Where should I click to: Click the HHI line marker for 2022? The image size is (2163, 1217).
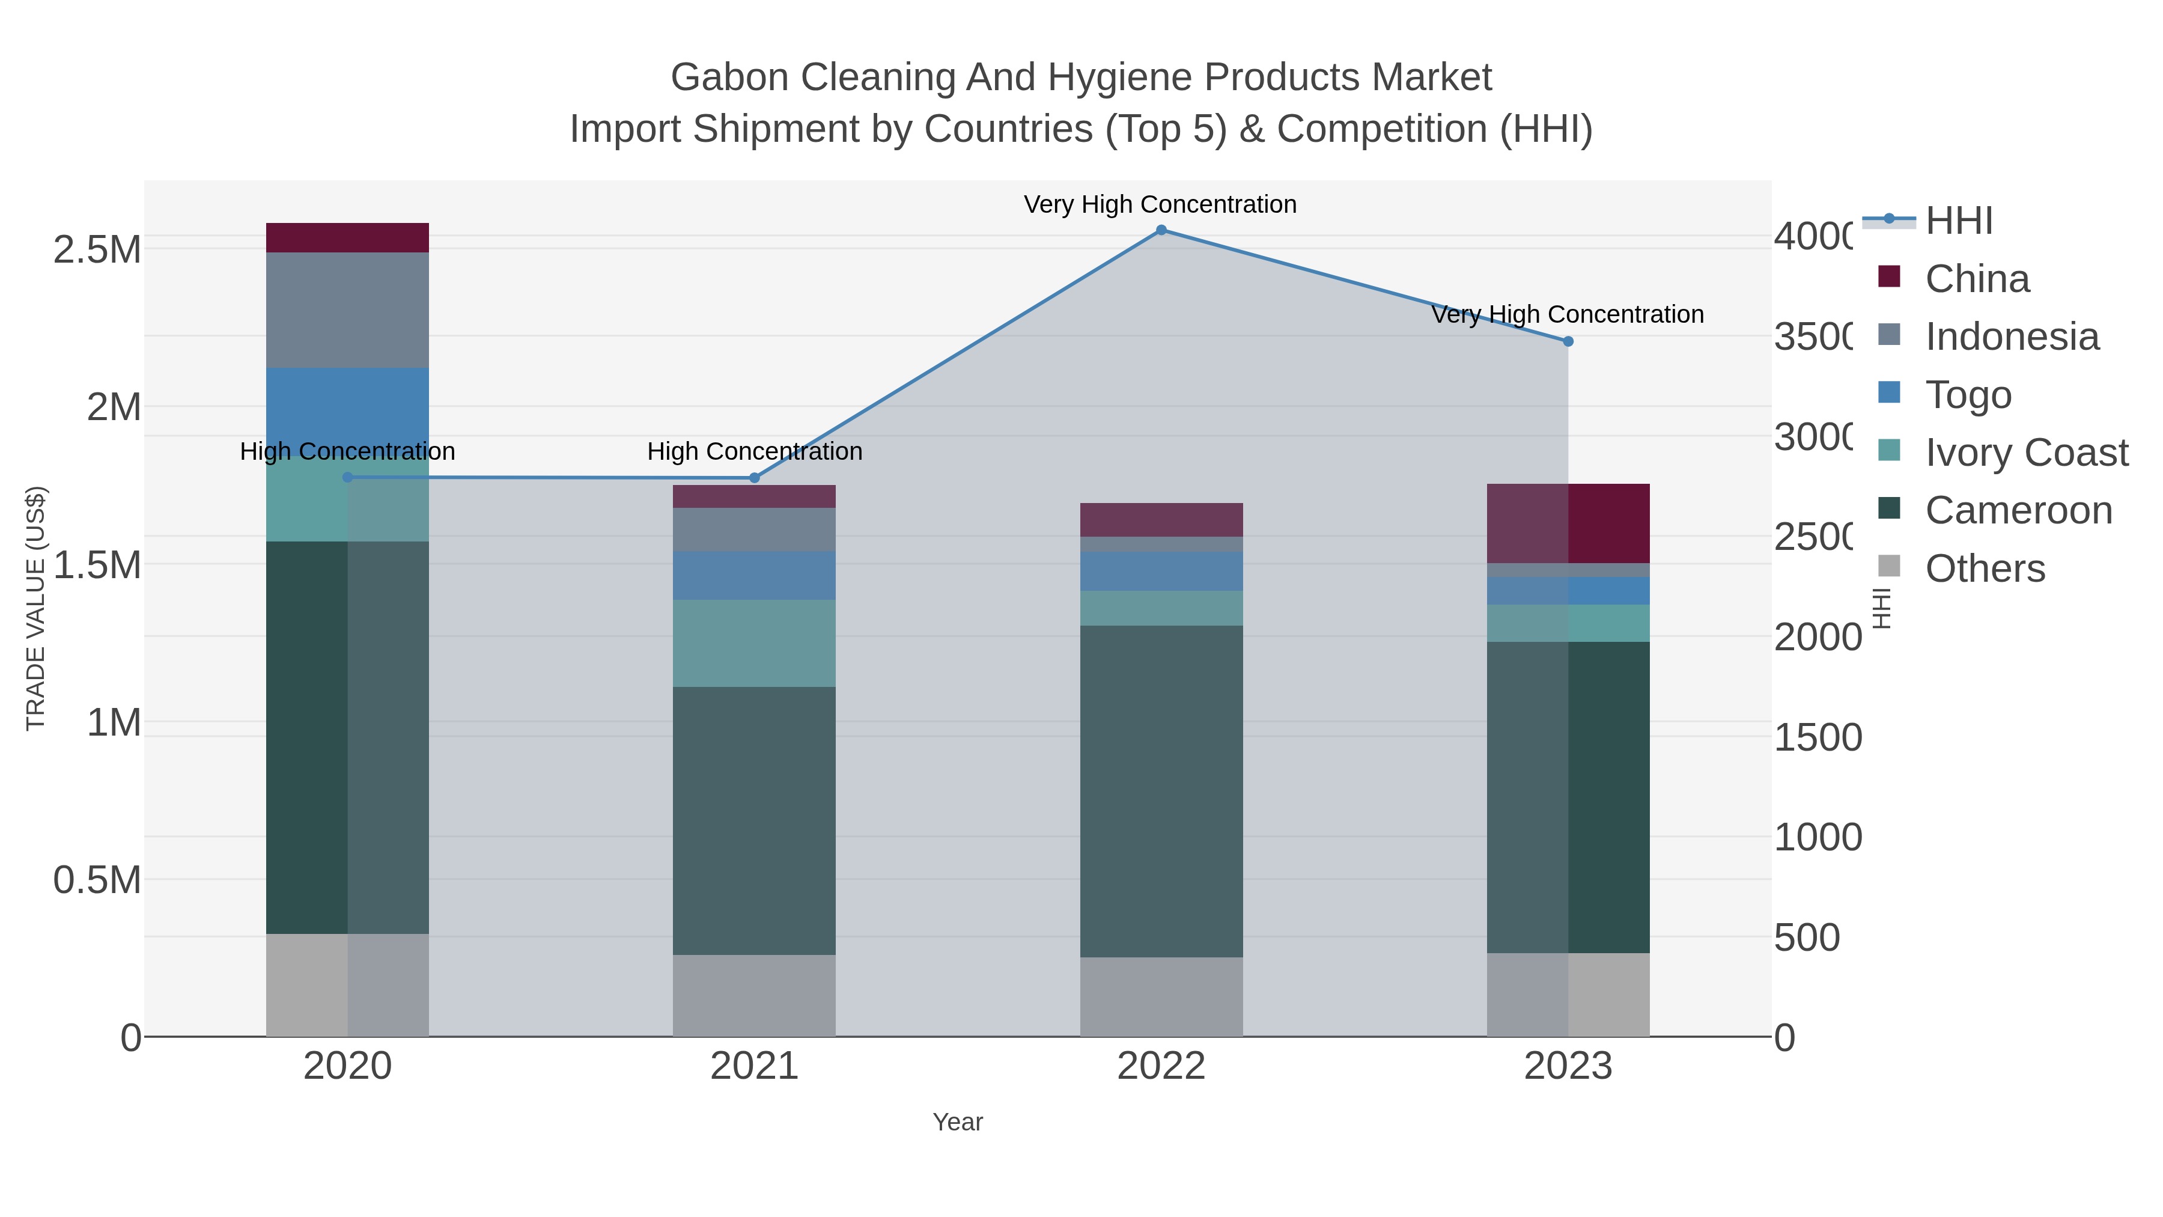point(1161,230)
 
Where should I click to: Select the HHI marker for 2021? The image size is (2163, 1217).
point(754,478)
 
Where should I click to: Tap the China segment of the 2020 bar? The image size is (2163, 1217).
point(348,237)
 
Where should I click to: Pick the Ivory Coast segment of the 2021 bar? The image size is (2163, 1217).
point(754,643)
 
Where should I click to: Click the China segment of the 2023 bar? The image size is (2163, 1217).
point(1568,523)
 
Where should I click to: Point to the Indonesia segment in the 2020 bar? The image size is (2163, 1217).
point(348,310)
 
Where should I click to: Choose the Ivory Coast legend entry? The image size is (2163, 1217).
point(2026,453)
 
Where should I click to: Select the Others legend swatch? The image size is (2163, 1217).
point(1889,566)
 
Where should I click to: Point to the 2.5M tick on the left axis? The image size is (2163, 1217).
point(97,249)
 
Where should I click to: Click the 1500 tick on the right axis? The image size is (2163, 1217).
point(1818,737)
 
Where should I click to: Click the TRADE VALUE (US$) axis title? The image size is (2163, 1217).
point(36,608)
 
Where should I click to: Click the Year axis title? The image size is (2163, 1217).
point(957,1122)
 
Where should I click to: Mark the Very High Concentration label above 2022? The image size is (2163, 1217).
point(1160,204)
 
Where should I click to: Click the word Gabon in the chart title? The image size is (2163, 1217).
point(729,78)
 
